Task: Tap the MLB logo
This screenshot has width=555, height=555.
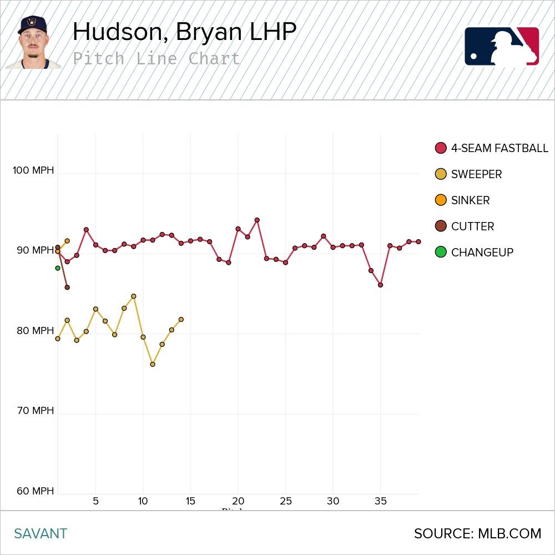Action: click(501, 46)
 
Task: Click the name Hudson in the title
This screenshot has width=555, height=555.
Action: click(119, 32)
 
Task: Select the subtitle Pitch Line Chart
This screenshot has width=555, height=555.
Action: click(157, 59)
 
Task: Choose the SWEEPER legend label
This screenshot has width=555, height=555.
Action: click(476, 174)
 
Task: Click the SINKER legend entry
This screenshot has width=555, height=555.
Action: click(470, 200)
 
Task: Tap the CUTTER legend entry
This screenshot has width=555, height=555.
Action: click(472, 226)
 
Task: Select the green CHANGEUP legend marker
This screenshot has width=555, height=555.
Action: click(441, 253)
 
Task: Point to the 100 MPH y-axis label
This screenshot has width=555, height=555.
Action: click(33, 170)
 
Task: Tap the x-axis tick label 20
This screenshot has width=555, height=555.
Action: click(238, 501)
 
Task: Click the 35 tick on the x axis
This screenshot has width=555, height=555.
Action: click(380, 501)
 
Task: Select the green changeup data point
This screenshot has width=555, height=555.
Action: click(58, 268)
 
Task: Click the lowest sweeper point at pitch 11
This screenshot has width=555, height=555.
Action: click(153, 365)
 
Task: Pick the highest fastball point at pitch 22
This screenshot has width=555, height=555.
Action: click(257, 220)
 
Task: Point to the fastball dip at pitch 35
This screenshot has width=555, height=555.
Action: click(380, 285)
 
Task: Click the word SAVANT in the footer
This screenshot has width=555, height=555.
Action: click(41, 534)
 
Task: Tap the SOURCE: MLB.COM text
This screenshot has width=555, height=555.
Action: click(477, 534)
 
